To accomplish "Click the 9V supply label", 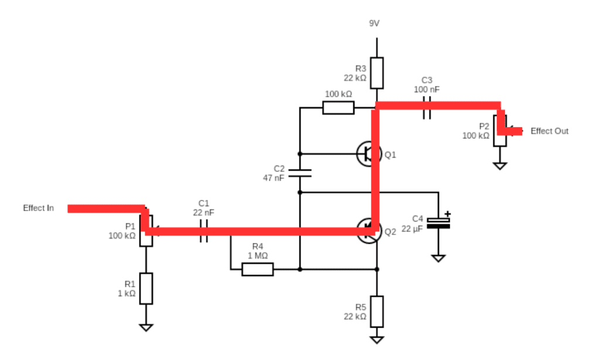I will point(374,23).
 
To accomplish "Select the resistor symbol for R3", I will point(377,73).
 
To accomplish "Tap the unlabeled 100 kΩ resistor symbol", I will point(338,107).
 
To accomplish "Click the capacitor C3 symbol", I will point(427,106).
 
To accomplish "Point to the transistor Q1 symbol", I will point(369,154).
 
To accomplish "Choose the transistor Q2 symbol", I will point(369,230).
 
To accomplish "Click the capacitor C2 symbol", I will point(299,173).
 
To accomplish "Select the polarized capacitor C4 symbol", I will point(438,223).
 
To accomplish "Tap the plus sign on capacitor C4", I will point(448,214).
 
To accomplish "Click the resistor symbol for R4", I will point(258,269).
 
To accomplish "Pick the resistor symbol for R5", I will point(377,311).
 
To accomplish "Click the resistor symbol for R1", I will point(146,288).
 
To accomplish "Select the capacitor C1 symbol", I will point(204,231).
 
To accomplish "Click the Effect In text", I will point(39,208).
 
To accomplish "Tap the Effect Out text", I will point(549,131).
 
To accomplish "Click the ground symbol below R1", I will point(146,328).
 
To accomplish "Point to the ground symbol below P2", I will point(499,166).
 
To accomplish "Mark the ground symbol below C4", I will point(438,257).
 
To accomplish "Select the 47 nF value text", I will point(274,178).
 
